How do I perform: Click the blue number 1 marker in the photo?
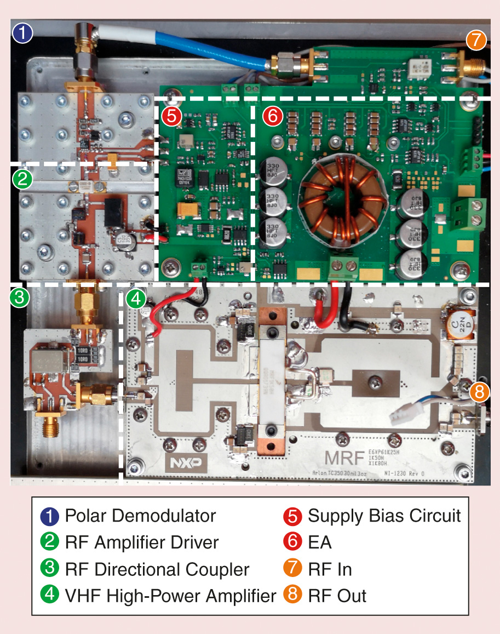(22, 34)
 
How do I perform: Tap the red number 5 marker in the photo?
(171, 116)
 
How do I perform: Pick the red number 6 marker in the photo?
(272, 116)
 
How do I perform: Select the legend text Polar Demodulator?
(140, 516)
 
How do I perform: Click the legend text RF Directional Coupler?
(157, 569)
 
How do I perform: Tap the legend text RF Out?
(337, 595)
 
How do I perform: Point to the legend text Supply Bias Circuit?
(384, 516)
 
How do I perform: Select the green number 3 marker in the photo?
(19, 298)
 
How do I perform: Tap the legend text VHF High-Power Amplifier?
(170, 595)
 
